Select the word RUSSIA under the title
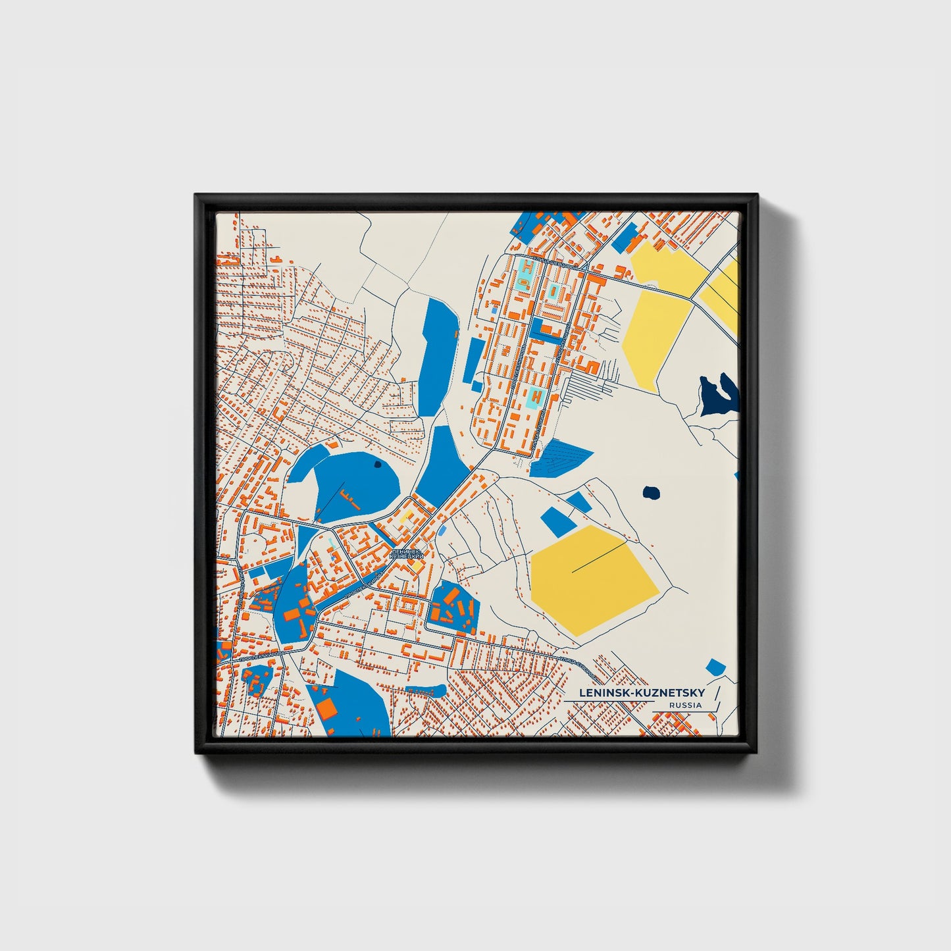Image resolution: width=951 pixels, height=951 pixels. [685, 706]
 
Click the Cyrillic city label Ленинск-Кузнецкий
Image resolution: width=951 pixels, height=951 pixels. [407, 554]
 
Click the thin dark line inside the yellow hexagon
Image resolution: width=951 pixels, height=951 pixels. [599, 558]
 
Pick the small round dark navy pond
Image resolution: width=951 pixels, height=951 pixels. [651, 492]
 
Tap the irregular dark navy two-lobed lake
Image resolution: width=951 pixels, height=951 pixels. [719, 395]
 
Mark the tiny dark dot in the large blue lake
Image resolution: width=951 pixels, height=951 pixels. [376, 464]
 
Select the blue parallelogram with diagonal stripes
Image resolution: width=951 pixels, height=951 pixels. [559, 457]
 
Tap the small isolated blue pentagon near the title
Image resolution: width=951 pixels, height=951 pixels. [715, 667]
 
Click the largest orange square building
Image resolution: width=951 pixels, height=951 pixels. [326, 707]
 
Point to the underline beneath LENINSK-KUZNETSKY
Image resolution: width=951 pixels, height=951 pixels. [609, 702]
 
